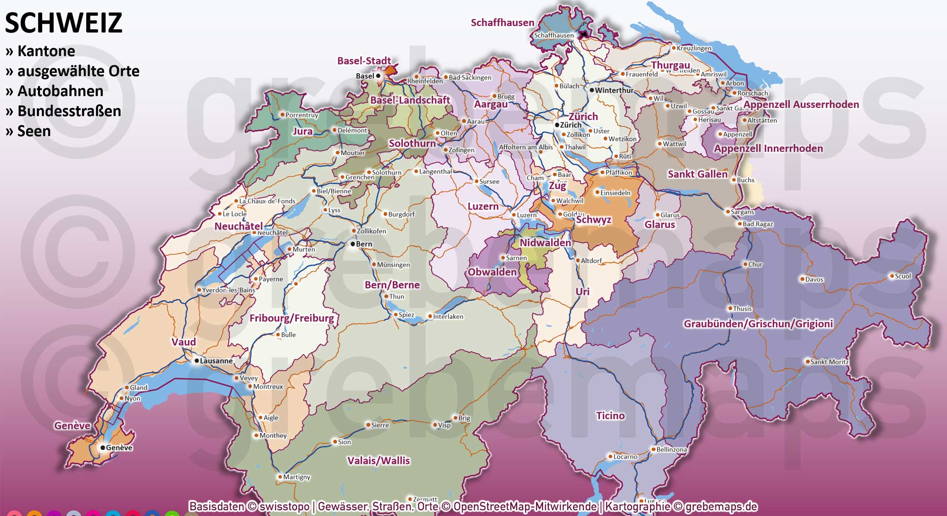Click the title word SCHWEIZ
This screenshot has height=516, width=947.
tap(63, 23)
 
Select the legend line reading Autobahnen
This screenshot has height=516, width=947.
tap(60, 91)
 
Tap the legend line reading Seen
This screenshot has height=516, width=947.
tap(34, 131)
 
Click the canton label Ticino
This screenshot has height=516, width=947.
tap(610, 416)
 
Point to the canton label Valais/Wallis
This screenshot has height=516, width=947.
tap(378, 461)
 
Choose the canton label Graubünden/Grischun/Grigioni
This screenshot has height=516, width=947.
tap(758, 324)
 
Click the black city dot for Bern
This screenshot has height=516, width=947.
tap(353, 244)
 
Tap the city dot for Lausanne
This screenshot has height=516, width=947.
tap(197, 361)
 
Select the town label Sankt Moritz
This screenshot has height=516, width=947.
tap(829, 362)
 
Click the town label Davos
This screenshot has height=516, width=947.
tap(814, 280)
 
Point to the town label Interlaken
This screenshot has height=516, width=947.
tap(448, 316)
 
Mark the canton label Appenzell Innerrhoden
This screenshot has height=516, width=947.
tap(768, 149)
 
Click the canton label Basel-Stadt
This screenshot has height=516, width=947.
tap(364, 61)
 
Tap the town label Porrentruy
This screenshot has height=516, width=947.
tap(302, 115)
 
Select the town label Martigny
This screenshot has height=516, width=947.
tap(297, 477)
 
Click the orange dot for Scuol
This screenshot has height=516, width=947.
tap(891, 276)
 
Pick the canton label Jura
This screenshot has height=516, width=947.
tap(303, 131)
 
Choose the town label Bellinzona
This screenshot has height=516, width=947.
tap(671, 449)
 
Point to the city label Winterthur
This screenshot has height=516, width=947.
tap(614, 90)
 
